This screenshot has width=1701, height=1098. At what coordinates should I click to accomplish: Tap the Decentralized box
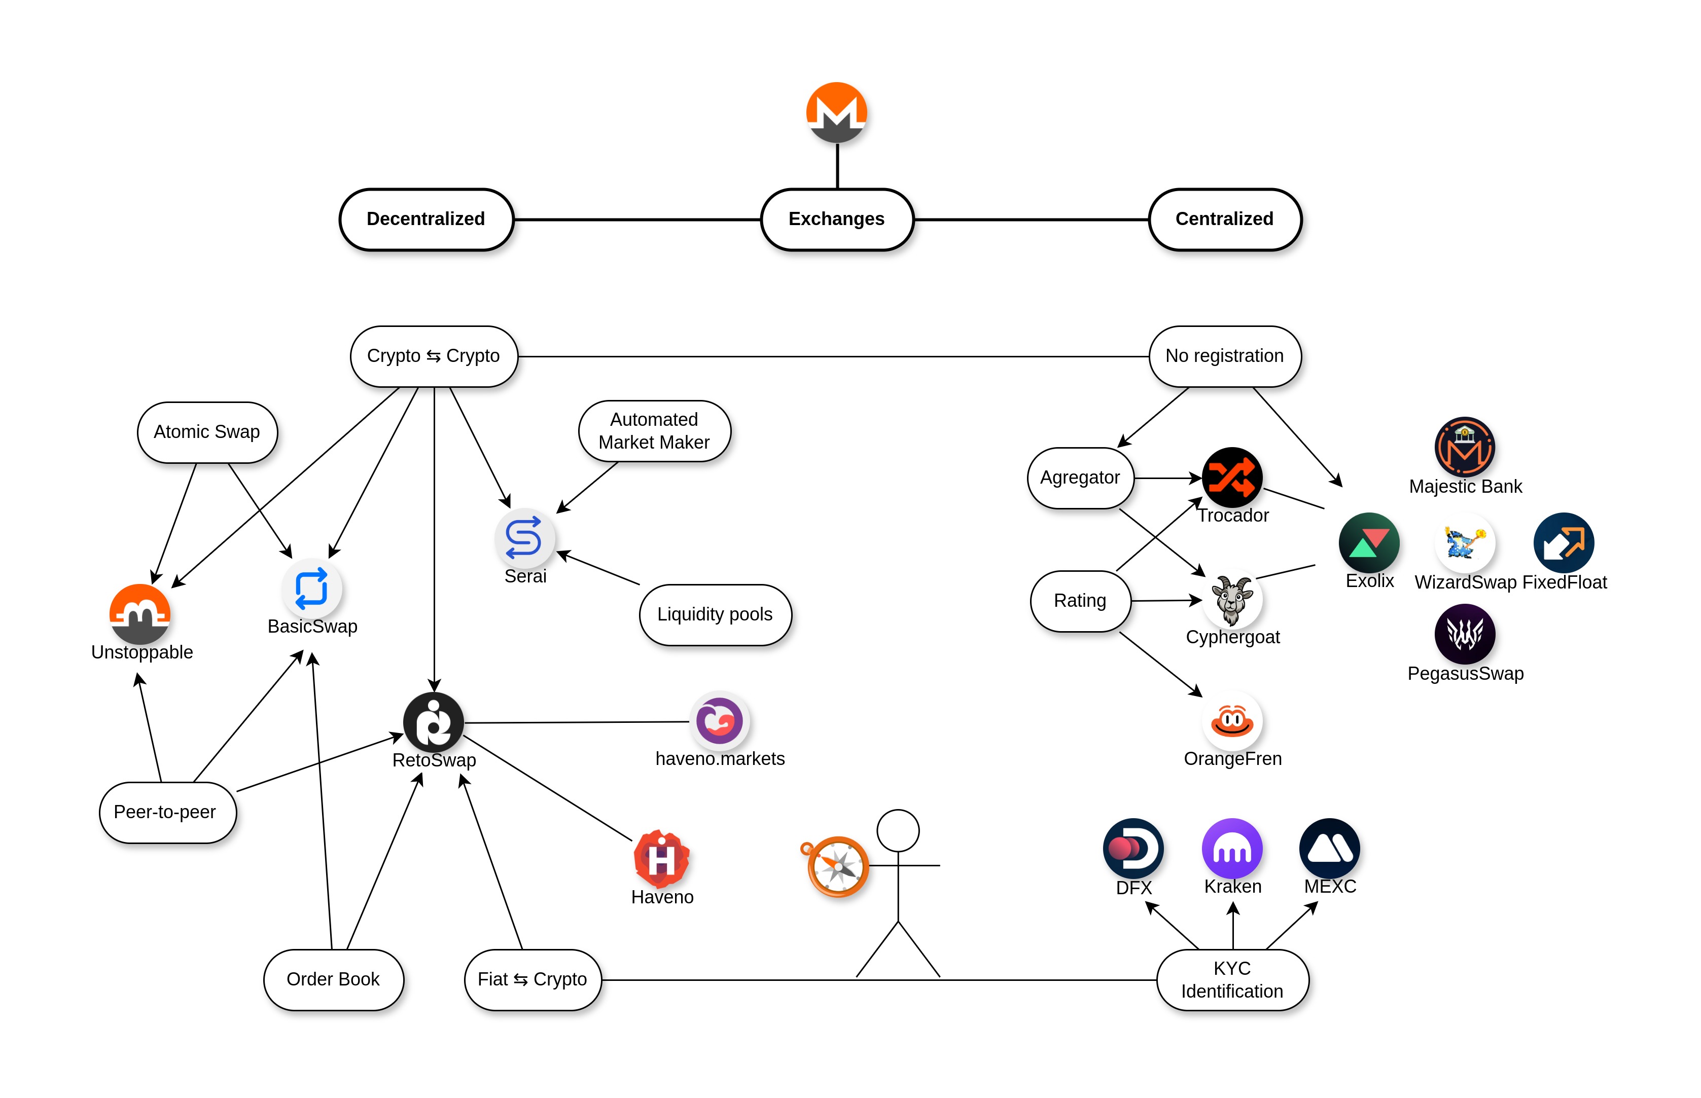(x=426, y=219)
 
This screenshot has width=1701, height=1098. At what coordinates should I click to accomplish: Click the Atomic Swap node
(x=207, y=432)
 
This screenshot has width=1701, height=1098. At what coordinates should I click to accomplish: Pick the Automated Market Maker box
(x=654, y=431)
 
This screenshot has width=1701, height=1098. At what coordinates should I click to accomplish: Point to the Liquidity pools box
(x=715, y=614)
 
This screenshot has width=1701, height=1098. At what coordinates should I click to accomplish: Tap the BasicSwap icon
(x=312, y=589)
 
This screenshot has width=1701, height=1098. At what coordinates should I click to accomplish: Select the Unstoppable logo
(x=140, y=614)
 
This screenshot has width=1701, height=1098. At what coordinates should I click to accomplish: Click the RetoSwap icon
(x=433, y=722)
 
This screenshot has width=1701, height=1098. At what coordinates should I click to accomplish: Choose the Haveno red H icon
(x=661, y=858)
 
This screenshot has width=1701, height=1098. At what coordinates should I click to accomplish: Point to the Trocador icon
(x=1232, y=477)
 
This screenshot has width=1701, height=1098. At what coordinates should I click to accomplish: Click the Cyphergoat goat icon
(x=1232, y=600)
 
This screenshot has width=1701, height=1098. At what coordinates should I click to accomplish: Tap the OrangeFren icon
(x=1232, y=721)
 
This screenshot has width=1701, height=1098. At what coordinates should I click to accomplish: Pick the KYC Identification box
(x=1232, y=980)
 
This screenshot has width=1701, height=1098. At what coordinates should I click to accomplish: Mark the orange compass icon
(x=837, y=866)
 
